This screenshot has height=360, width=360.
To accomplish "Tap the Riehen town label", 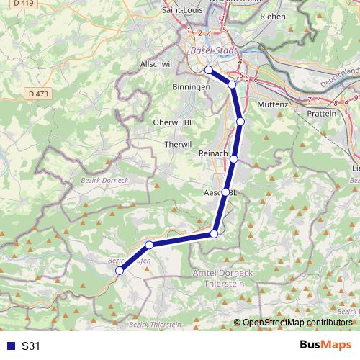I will (x=273, y=15).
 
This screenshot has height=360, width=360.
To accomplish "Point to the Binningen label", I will (x=190, y=86).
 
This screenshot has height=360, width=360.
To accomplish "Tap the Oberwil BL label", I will (x=174, y=122).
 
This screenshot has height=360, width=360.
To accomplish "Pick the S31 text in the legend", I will (x=31, y=346).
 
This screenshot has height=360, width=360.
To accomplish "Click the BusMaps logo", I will (x=325, y=346).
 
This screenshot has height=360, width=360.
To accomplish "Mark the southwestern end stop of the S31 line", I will (x=120, y=271).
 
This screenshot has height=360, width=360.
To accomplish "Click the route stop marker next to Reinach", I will (x=233, y=159).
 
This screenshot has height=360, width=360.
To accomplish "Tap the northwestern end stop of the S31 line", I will (x=208, y=70).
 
